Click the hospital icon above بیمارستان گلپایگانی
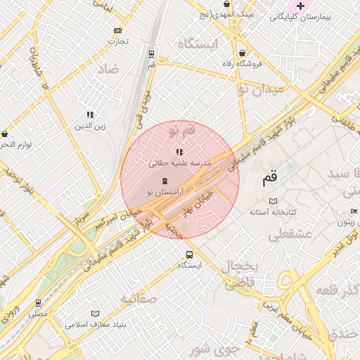(301, 6)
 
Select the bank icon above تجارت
(117, 30)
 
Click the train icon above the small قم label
(151, 53)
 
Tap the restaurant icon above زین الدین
(90, 115)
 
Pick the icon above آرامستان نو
(165, 181)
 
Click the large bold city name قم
(269, 179)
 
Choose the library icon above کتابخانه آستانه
(274, 201)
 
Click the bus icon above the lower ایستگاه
(188, 255)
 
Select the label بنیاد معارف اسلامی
(95, 325)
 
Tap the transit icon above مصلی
(38, 303)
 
